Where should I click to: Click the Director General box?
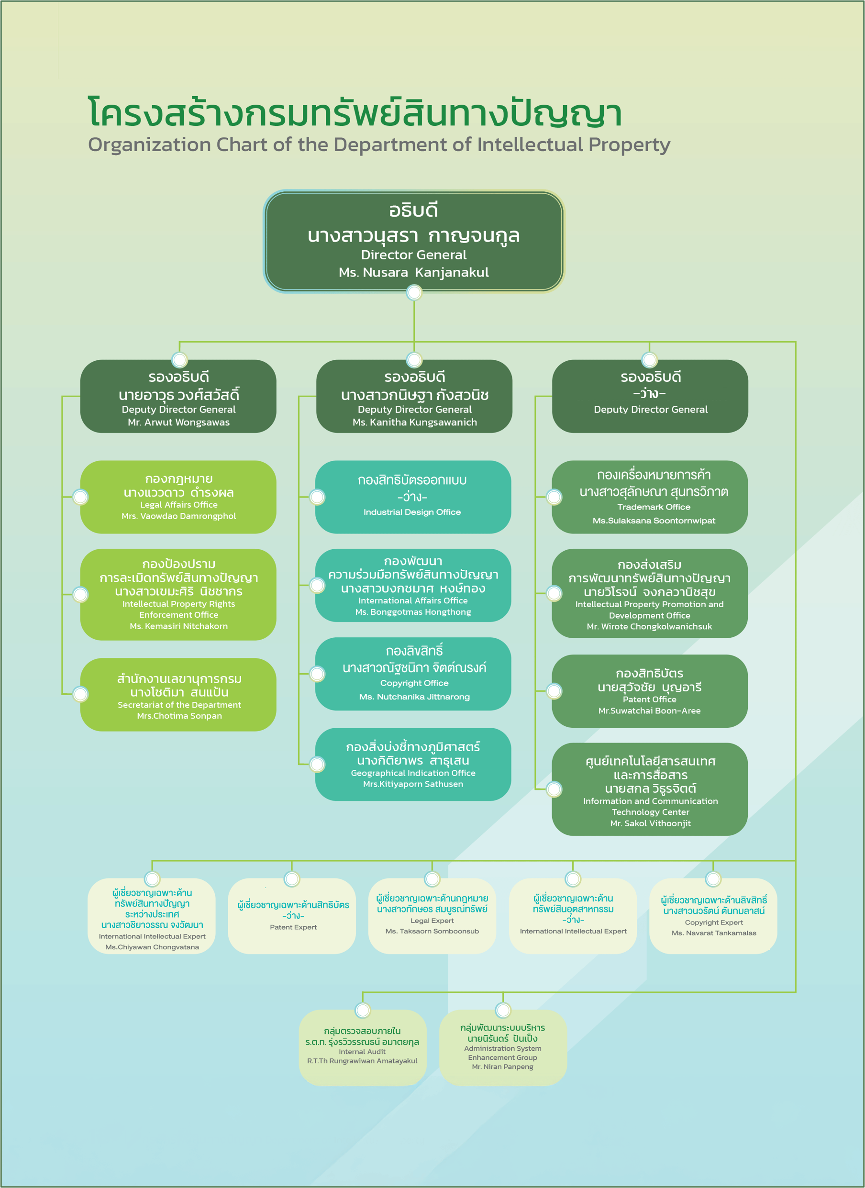[414, 241]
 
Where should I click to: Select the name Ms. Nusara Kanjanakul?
[414, 272]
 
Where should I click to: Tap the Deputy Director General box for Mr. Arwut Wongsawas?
[178, 396]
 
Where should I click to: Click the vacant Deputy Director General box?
[650, 396]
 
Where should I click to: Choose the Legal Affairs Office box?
[178, 497]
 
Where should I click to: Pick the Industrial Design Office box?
[413, 497]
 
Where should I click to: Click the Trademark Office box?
[650, 497]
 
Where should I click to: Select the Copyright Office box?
[413, 674]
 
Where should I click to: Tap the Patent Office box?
[650, 691]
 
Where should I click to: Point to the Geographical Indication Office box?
[413, 764]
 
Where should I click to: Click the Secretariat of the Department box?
[178, 695]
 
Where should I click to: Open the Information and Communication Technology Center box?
[650, 789]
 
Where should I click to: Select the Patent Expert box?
[292, 916]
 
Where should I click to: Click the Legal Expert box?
[432, 916]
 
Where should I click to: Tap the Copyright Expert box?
[713, 916]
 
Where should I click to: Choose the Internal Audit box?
[363, 1048]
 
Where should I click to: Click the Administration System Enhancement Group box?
[503, 1048]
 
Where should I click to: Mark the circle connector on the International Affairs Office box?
[317, 585]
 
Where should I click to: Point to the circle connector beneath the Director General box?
[414, 292]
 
